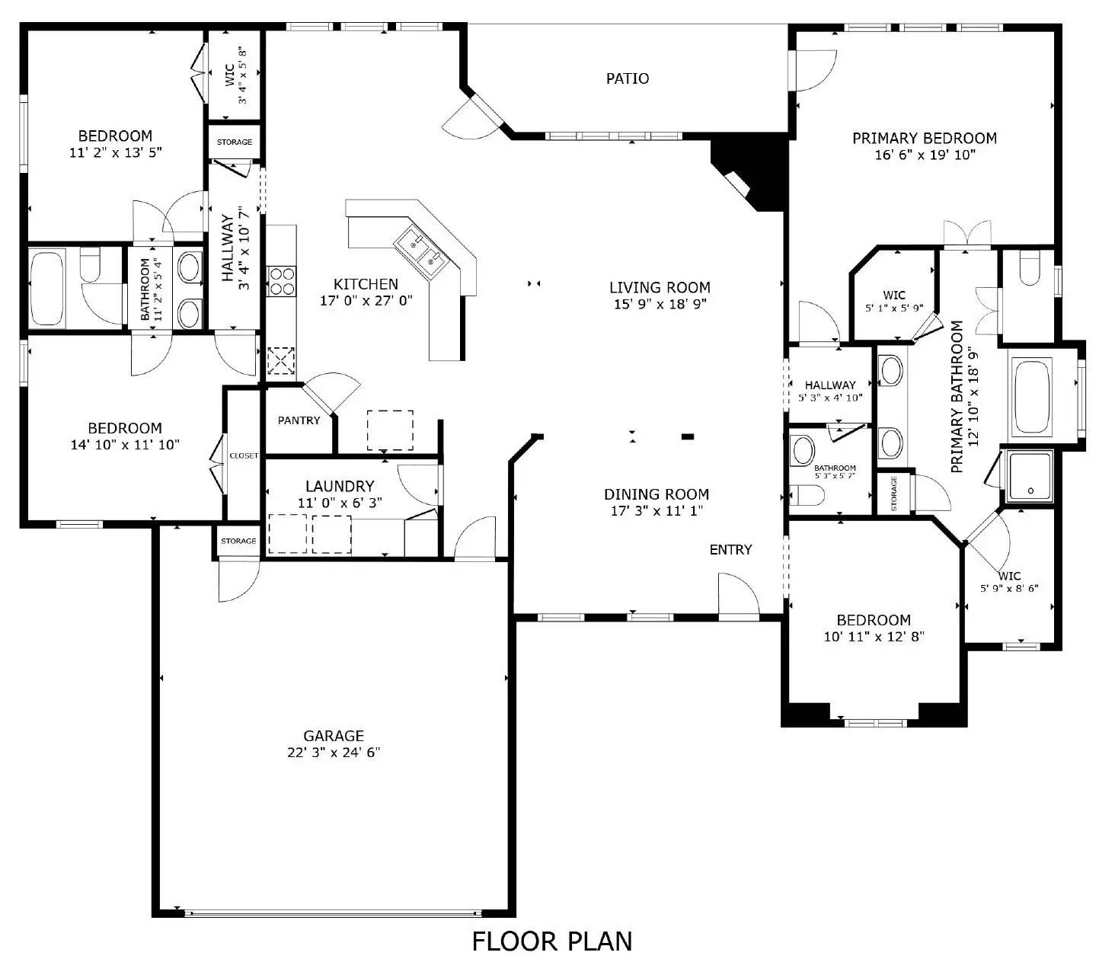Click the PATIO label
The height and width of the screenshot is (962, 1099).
click(x=628, y=78)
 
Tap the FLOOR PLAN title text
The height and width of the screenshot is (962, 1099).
click(x=551, y=941)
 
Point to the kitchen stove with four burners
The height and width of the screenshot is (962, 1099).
click(x=280, y=281)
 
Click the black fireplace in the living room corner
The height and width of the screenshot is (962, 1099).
click(x=750, y=174)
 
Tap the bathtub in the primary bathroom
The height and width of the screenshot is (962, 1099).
click(x=1032, y=395)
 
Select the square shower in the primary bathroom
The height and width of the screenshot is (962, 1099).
click(x=1030, y=476)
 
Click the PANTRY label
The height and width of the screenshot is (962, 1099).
click(x=299, y=420)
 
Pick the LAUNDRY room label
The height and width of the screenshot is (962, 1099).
click(x=340, y=486)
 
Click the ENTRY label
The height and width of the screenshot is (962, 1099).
click(x=730, y=549)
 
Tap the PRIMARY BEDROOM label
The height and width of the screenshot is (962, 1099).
click(x=924, y=138)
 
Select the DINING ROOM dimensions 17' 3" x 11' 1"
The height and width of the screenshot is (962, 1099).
click(x=657, y=511)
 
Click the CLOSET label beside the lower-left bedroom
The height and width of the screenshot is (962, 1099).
click(x=244, y=455)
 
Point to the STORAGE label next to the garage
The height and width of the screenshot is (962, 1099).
click(x=238, y=541)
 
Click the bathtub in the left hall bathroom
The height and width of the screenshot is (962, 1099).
click(x=47, y=288)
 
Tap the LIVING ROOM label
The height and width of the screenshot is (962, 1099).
click(x=660, y=287)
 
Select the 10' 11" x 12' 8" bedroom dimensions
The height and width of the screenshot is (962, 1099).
click(x=874, y=637)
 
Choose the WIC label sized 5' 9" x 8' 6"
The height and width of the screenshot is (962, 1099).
click(x=1009, y=576)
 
